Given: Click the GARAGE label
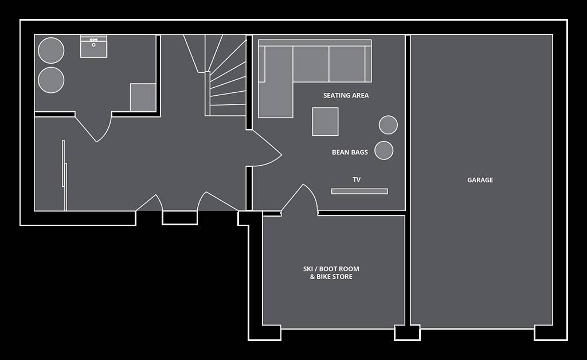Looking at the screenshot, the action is pos(480,180).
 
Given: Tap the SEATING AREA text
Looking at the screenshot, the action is pos(346,95).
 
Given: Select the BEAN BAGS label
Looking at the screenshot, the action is pos(350,152).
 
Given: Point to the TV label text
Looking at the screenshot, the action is pos(357,179).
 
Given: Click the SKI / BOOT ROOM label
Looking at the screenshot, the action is pos(331,269).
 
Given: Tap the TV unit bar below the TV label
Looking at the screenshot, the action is pos(359,191).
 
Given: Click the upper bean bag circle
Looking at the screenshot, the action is pos(388,125).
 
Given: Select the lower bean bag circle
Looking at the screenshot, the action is pos(384,150).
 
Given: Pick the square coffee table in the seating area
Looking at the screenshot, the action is pos(326,122).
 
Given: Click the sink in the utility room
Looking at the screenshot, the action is pos(93,46).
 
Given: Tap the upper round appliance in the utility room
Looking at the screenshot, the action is pos(51,50).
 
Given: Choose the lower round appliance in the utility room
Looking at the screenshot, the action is pos(51,80).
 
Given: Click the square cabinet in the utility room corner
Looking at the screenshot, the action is pos(143,97).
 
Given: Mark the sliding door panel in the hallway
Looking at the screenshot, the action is pos(64,175).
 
